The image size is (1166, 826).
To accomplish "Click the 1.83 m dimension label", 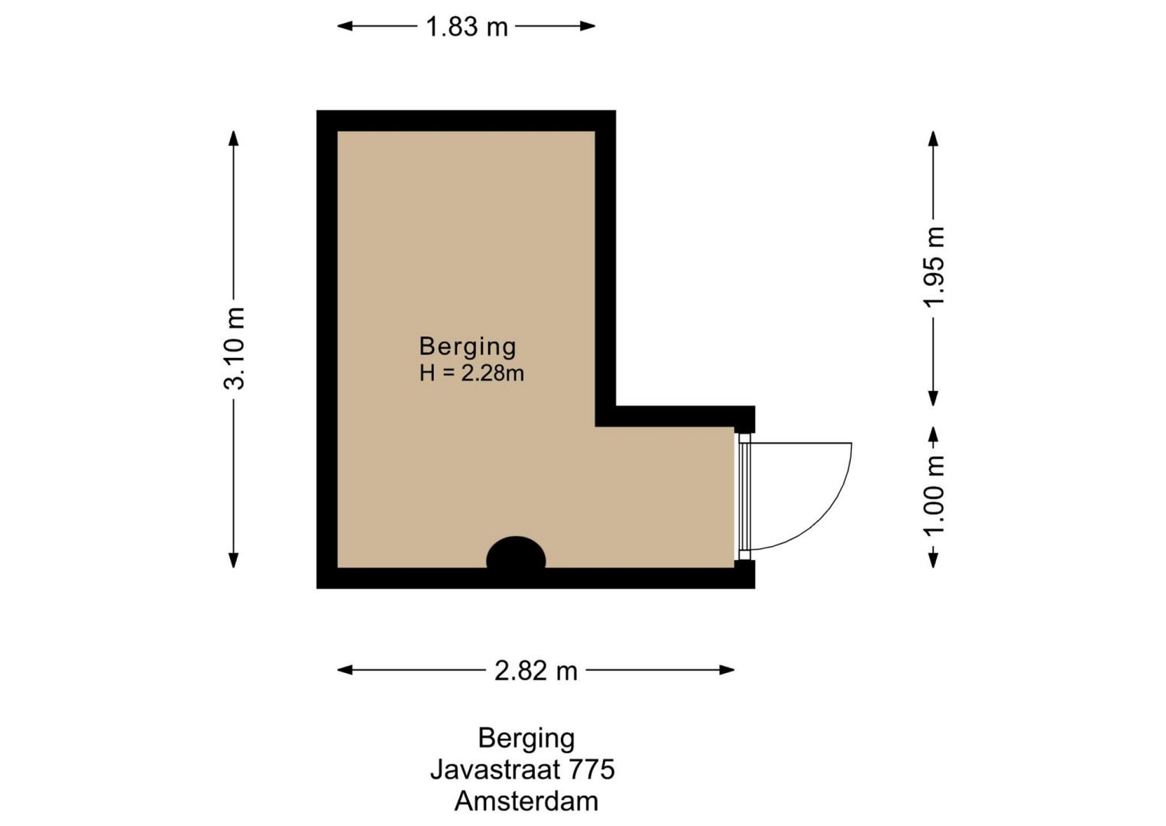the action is [466, 27].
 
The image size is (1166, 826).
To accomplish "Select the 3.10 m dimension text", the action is [234, 349].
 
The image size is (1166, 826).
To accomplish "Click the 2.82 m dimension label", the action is [536, 671].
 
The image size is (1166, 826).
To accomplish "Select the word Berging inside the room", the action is [468, 347].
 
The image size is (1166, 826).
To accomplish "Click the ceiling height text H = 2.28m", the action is [471, 373].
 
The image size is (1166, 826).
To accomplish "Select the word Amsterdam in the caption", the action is [526, 802].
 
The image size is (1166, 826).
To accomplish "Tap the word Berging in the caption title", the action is [526, 739].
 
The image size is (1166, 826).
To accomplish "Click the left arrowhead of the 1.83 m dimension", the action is [345, 26].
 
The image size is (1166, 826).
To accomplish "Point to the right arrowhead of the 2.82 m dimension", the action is [727, 670].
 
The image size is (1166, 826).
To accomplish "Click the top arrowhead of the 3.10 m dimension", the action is [234, 138].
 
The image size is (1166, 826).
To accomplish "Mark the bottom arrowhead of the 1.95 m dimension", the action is [933, 398].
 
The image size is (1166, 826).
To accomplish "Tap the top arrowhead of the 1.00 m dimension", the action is [933, 434].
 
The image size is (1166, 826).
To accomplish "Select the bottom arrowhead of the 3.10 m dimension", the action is [234, 560].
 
